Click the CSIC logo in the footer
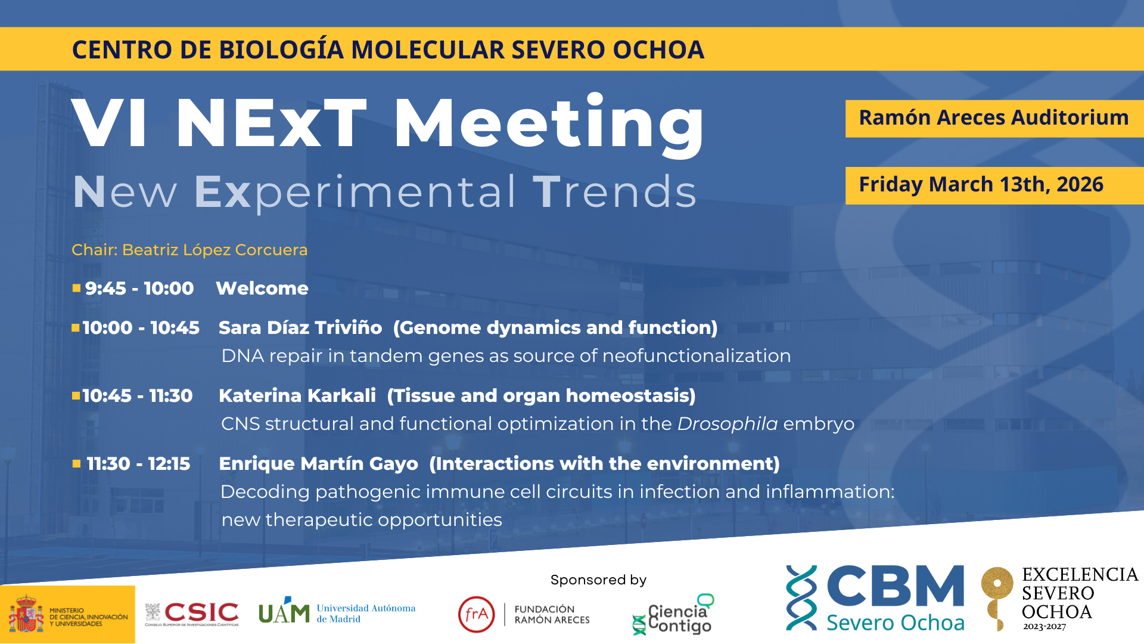pyautogui.click(x=192, y=614)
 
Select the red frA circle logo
pyautogui.click(x=477, y=614)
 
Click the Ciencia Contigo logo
pyautogui.click(x=673, y=614)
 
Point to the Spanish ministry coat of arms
pyautogui.click(x=26, y=614)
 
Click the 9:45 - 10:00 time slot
pyautogui.click(x=139, y=289)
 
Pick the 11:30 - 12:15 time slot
pyautogui.click(x=138, y=464)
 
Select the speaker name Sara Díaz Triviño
pyautogui.click(x=300, y=327)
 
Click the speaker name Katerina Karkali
pyautogui.click(x=297, y=395)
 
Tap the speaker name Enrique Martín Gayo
pyautogui.click(x=319, y=464)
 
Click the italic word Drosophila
pyautogui.click(x=728, y=424)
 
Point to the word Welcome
pyautogui.click(x=262, y=289)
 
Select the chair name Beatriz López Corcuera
pyautogui.click(x=215, y=250)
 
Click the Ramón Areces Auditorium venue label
pyautogui.click(x=994, y=117)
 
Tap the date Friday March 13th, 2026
pyautogui.click(x=981, y=184)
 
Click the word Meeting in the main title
pyautogui.click(x=549, y=123)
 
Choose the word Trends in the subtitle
pyautogui.click(x=614, y=192)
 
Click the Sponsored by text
pyautogui.click(x=598, y=580)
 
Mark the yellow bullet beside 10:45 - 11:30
pyautogui.click(x=76, y=395)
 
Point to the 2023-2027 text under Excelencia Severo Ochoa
pyautogui.click(x=1044, y=627)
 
